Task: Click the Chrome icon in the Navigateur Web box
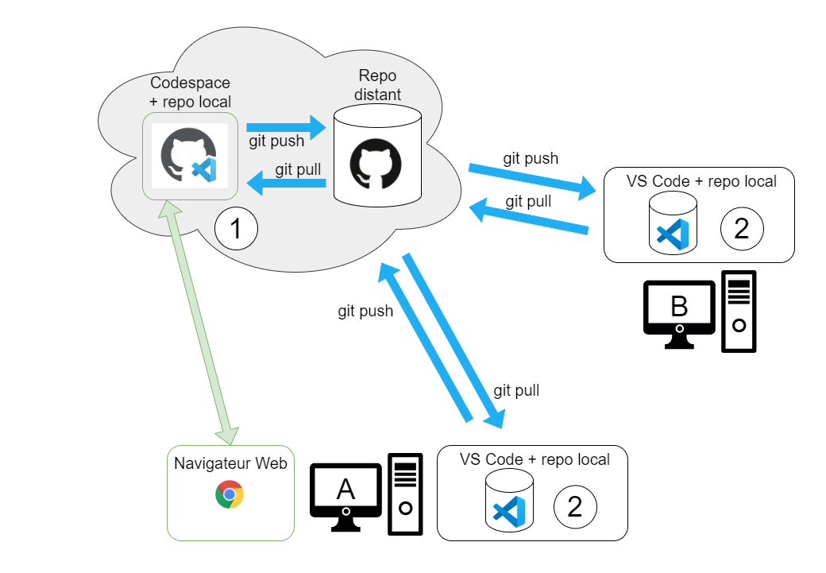point(230,494)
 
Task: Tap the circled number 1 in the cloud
point(236,229)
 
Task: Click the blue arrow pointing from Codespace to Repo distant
point(287,126)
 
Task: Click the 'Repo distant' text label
point(378,85)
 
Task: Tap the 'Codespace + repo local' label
point(191,92)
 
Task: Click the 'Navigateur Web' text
point(230,463)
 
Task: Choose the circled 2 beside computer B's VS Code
point(742,229)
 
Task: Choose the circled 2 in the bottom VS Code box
point(574,507)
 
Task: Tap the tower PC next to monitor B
point(739,312)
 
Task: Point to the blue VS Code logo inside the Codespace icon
point(205,169)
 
